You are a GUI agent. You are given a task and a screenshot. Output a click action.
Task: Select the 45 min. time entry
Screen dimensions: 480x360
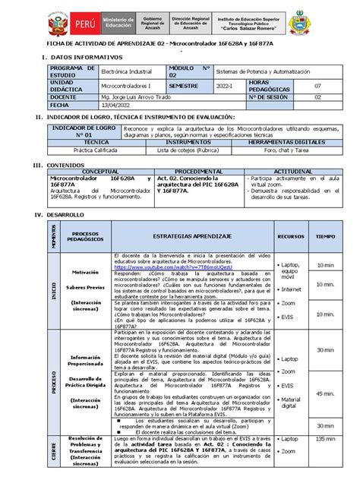click(x=328, y=394)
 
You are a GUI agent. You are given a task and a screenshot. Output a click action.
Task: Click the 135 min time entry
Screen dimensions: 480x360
click(x=328, y=440)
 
